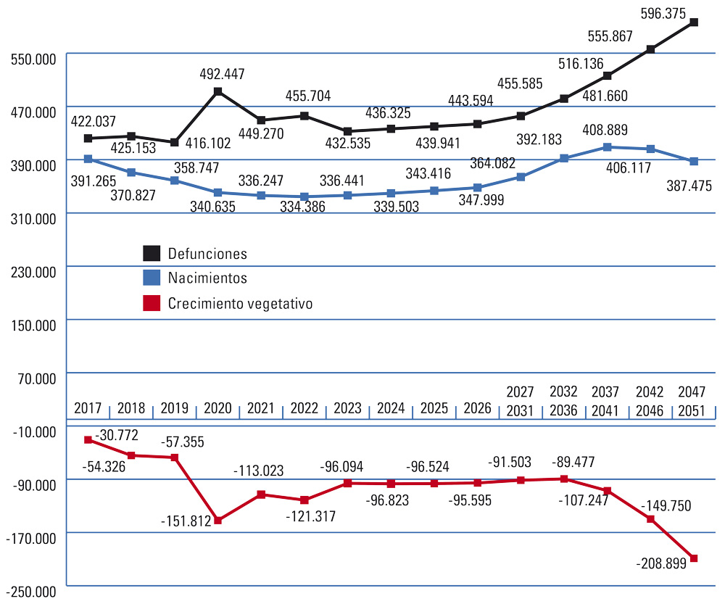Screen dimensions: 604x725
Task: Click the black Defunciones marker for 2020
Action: click(217, 92)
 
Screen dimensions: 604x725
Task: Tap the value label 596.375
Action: click(665, 13)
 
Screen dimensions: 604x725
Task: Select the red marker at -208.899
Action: click(694, 558)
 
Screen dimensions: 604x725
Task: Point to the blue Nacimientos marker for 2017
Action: click(88, 159)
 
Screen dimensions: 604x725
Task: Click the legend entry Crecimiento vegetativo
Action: click(240, 304)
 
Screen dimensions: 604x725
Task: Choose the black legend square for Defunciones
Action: click(151, 253)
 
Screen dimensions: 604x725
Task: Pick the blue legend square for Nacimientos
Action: click(151, 278)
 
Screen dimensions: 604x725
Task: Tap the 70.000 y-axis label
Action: click(34, 378)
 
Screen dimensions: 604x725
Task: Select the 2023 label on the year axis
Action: click(347, 408)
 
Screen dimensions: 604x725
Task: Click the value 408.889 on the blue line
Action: click(605, 131)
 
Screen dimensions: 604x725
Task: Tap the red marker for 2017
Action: click(88, 439)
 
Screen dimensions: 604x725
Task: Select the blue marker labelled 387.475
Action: click(694, 161)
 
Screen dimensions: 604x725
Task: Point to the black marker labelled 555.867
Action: click(650, 49)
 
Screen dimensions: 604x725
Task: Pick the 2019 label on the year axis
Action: click(174, 408)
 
